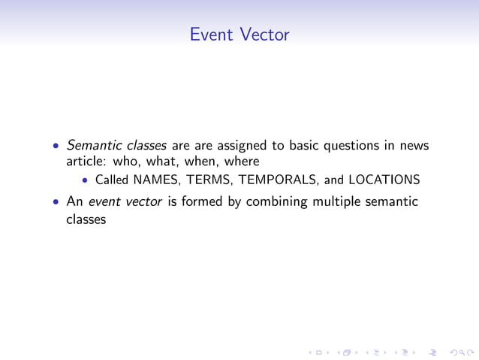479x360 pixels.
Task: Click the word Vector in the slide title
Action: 265,35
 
